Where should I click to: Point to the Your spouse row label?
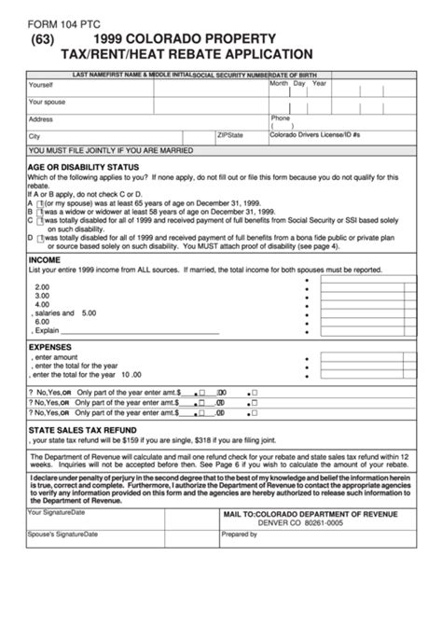pos(48,102)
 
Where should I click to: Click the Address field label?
pos(41,119)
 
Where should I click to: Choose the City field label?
pos(35,135)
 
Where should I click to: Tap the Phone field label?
pos(281,118)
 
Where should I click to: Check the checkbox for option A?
pos(40,201)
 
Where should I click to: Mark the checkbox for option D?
pos(40,238)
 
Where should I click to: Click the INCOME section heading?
pos(45,259)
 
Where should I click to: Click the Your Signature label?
pos(57,512)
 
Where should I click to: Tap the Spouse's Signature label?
pos(63,534)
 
